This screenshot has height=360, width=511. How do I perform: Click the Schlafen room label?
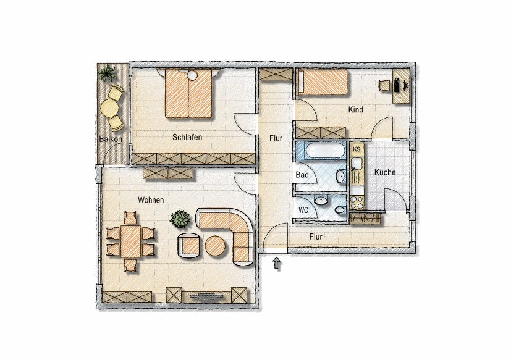(x=188, y=137)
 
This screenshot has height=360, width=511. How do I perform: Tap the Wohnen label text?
(x=150, y=200)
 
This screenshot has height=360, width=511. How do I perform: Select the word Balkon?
(x=111, y=139)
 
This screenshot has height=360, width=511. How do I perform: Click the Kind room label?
(x=356, y=110)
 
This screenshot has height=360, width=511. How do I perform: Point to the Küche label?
(x=385, y=172)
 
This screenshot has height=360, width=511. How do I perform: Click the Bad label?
(x=302, y=175)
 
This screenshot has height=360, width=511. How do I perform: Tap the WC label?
(x=303, y=210)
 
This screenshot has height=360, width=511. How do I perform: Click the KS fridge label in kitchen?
(x=356, y=149)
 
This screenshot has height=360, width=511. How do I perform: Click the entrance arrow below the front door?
(x=277, y=264)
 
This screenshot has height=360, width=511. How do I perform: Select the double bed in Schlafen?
(x=188, y=94)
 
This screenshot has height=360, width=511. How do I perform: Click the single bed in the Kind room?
(x=321, y=82)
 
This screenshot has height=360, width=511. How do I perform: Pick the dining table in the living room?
(x=131, y=241)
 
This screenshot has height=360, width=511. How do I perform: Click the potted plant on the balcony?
(x=108, y=73)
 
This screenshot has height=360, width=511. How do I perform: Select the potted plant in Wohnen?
(x=180, y=219)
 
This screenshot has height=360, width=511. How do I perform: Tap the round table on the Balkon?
(x=110, y=109)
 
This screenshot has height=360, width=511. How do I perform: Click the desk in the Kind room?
(x=400, y=86)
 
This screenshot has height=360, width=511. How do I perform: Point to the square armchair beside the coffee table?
(x=189, y=245)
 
